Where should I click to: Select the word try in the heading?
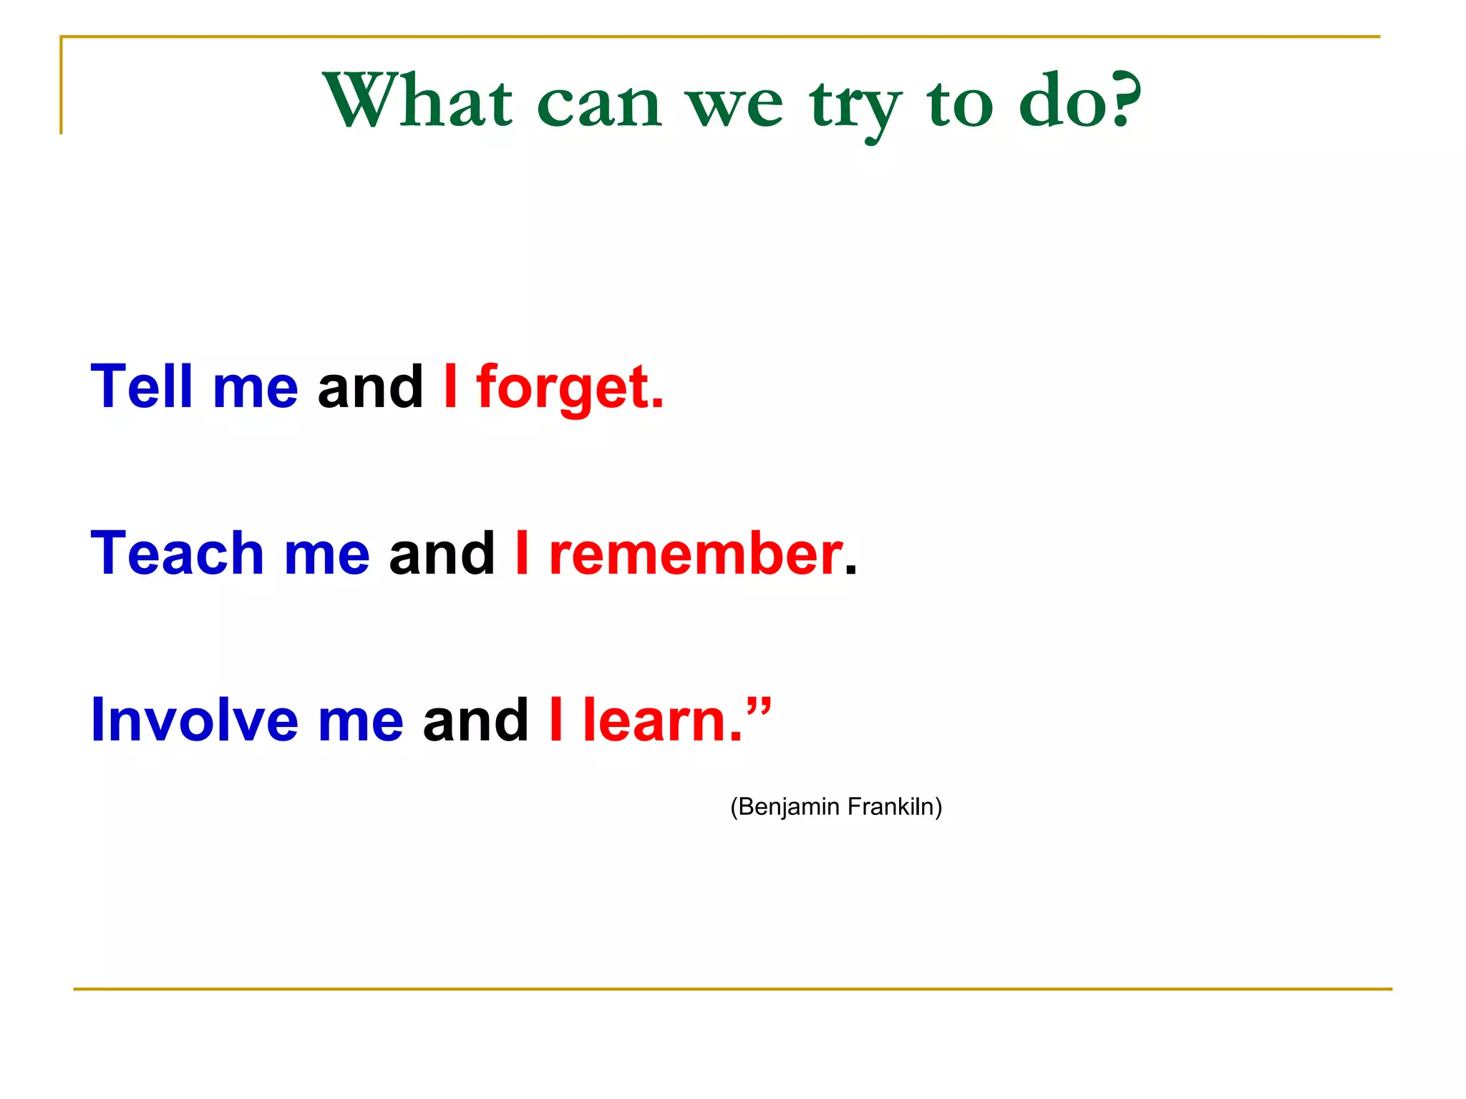click(x=855, y=107)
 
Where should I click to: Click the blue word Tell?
click(x=142, y=387)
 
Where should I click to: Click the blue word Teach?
click(x=177, y=554)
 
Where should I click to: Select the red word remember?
click(x=695, y=555)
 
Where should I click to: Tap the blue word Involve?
click(x=194, y=720)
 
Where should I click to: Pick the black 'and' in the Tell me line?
click(x=370, y=387)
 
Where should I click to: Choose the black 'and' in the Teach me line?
click(x=442, y=554)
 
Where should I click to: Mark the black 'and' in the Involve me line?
click(x=476, y=720)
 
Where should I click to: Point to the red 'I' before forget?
click(x=450, y=387)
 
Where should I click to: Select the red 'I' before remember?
click(x=522, y=554)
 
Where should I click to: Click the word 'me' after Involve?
click(x=361, y=721)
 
